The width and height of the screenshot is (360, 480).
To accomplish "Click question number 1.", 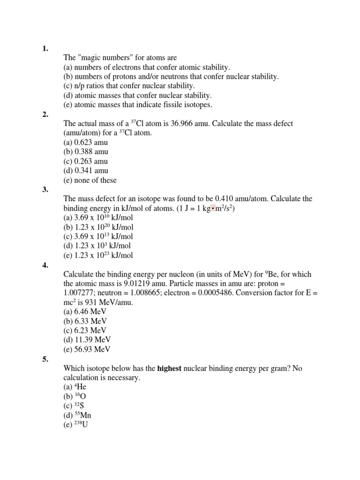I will coord(45,48).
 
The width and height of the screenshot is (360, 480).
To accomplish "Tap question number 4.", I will coord(45,265).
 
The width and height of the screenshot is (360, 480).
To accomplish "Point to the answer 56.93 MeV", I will coord(94,349).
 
